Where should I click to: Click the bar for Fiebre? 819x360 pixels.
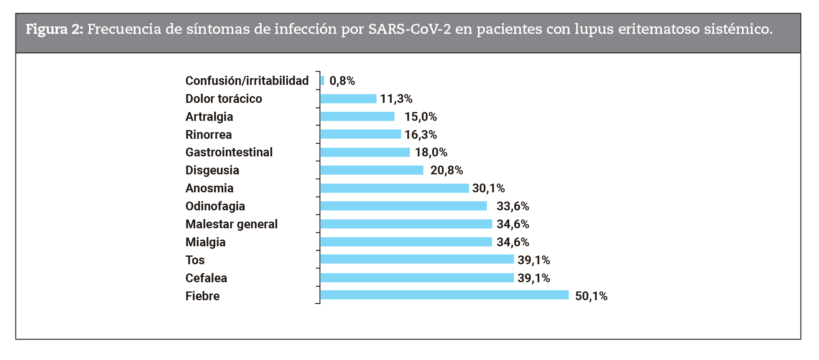pyautogui.click(x=444, y=295)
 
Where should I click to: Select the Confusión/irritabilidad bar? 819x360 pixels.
pyautogui.click(x=322, y=80)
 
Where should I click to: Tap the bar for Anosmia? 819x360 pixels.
pyautogui.click(x=394, y=188)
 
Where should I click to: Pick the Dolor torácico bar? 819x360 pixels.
pyautogui.click(x=348, y=99)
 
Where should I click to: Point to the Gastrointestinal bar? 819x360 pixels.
pyautogui.click(x=365, y=152)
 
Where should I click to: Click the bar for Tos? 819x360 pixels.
pyautogui.click(x=417, y=259)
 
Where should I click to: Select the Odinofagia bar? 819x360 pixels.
pyautogui.click(x=403, y=206)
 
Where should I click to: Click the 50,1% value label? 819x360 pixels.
pyautogui.click(x=591, y=296)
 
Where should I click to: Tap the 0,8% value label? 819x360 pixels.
pyautogui.click(x=342, y=81)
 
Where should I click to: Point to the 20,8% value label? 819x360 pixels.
pyautogui.click(x=446, y=170)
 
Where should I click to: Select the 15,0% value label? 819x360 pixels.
pyautogui.click(x=421, y=117)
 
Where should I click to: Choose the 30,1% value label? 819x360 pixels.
pyautogui.click(x=488, y=188)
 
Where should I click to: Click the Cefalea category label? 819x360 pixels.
pyautogui.click(x=206, y=278)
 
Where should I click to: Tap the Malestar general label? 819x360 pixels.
pyautogui.click(x=231, y=224)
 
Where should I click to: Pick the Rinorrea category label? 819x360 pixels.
pyautogui.click(x=208, y=135)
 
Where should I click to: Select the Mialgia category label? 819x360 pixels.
pyautogui.click(x=205, y=242)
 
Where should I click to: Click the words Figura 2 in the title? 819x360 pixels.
pyautogui.click(x=54, y=29)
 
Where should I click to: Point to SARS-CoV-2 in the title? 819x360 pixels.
pyautogui.click(x=409, y=29)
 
